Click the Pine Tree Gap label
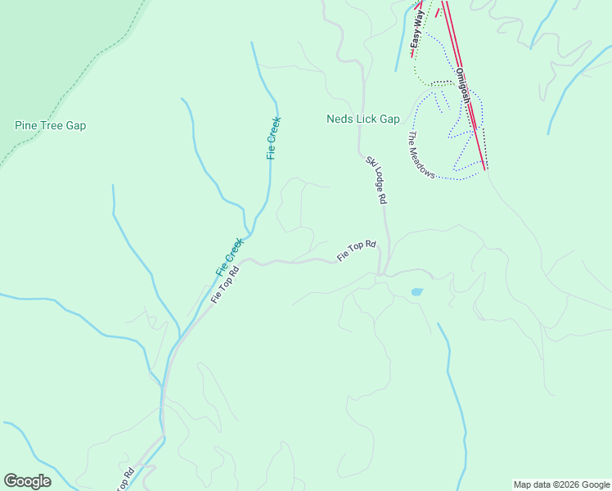(x=50, y=125)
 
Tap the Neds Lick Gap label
(x=362, y=119)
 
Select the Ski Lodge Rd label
(x=376, y=180)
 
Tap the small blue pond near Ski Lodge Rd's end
(x=416, y=291)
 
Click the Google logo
(x=27, y=481)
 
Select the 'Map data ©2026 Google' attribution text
(x=561, y=484)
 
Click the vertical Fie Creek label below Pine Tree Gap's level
(x=274, y=137)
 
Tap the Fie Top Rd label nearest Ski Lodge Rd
(x=357, y=251)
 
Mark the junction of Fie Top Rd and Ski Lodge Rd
(x=380, y=275)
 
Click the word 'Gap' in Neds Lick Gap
(x=389, y=119)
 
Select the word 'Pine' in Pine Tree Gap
(x=26, y=125)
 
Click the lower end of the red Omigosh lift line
(x=486, y=169)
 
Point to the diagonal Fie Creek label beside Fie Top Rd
(x=230, y=256)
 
